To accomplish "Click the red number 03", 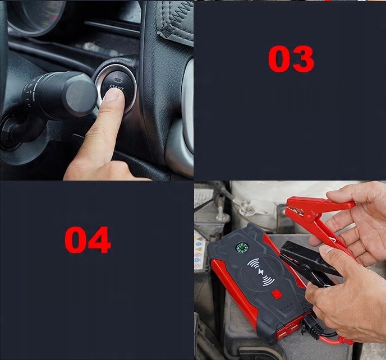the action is coord(291,59).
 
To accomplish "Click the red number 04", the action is coord(88,240).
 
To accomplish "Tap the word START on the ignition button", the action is coord(117,87).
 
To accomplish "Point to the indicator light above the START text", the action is coord(118,80).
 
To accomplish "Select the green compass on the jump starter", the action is coord(241,247).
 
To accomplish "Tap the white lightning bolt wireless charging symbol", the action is coord(261,272).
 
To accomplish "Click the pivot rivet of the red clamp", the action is coord(310,216).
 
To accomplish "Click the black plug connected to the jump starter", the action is coord(312,325).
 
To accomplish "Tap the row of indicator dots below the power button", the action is coord(287,307).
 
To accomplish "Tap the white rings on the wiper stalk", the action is coord(30,94).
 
